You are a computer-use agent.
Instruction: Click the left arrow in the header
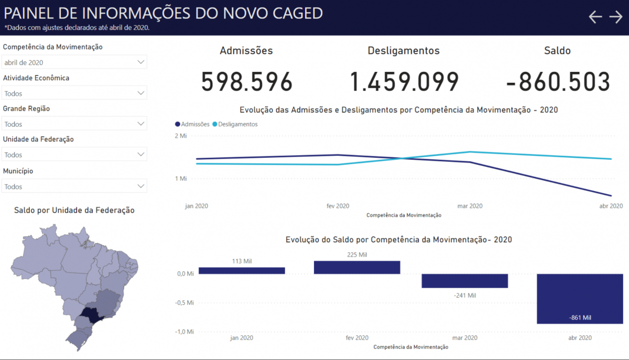(595, 17)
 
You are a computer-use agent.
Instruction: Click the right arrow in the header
(616, 17)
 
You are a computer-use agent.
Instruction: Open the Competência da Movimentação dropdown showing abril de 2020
(74, 62)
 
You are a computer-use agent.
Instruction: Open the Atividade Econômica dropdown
(74, 93)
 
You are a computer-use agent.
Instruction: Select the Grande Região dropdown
(74, 124)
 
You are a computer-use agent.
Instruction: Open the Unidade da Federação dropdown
(74, 155)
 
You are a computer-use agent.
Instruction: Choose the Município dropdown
(74, 186)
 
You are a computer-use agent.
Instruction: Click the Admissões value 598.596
(247, 82)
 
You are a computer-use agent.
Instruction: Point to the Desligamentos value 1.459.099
(404, 82)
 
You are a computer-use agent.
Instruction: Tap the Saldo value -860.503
(558, 82)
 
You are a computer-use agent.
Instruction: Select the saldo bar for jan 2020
(242, 270)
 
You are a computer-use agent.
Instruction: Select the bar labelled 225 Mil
(357, 267)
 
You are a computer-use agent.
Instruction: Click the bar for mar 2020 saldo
(465, 281)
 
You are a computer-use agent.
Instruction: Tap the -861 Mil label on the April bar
(580, 318)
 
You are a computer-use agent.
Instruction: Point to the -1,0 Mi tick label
(184, 332)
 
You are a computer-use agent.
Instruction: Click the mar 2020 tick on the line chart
(470, 206)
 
